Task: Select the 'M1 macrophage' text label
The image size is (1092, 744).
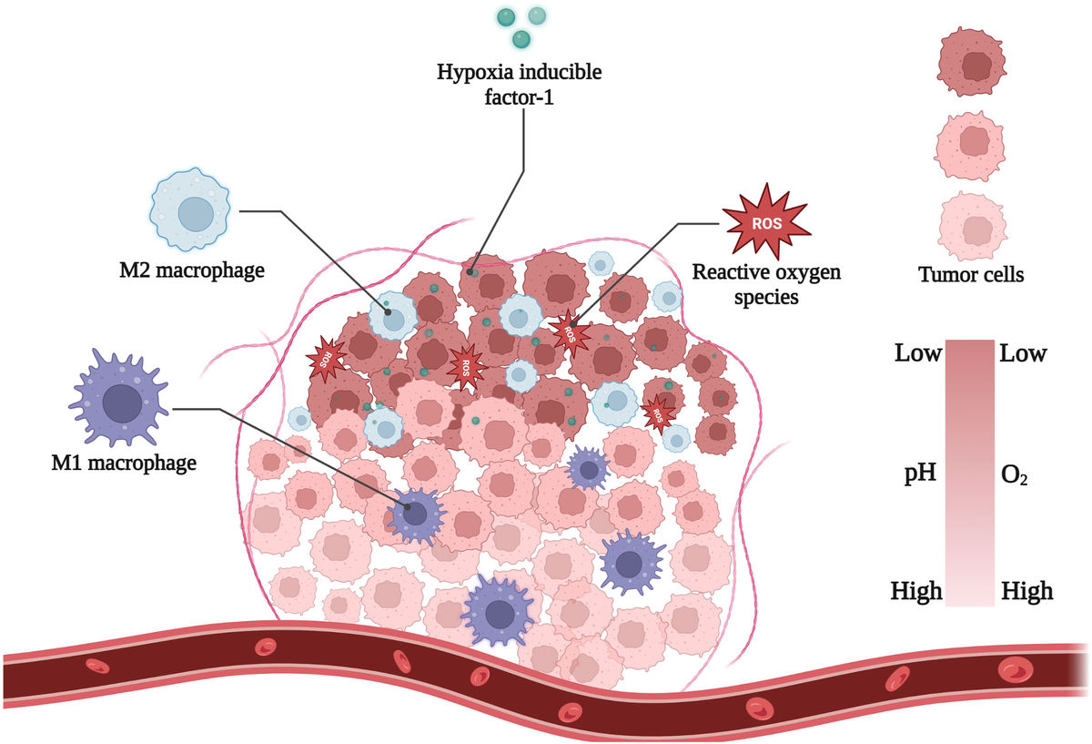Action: (124, 463)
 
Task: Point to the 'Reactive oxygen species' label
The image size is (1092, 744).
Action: (766, 283)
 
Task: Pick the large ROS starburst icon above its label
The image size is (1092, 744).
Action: (764, 221)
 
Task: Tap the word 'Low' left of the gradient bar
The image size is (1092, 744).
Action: (917, 353)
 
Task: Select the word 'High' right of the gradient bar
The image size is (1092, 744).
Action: (1027, 592)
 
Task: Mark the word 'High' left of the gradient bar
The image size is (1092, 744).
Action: (916, 592)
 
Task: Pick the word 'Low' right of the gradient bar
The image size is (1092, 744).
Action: (1024, 353)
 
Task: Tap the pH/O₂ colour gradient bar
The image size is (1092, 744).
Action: (971, 473)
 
